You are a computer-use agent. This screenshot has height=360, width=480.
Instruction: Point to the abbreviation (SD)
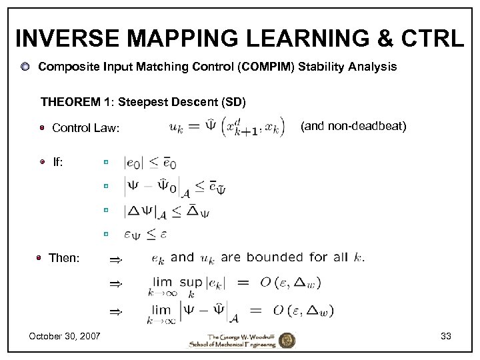(233, 102)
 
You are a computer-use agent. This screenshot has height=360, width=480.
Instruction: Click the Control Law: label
(86, 128)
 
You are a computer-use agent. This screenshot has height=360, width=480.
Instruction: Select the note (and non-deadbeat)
(353, 125)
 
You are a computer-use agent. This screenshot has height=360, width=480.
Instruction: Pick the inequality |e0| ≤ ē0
(150, 162)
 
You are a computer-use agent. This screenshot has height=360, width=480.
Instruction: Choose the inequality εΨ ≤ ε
(145, 234)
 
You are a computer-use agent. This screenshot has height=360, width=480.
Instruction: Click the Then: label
(64, 258)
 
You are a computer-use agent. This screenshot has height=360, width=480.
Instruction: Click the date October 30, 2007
(65, 336)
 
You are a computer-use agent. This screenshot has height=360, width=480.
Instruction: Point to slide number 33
(446, 336)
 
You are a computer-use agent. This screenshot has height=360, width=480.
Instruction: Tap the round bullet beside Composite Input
(24, 67)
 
